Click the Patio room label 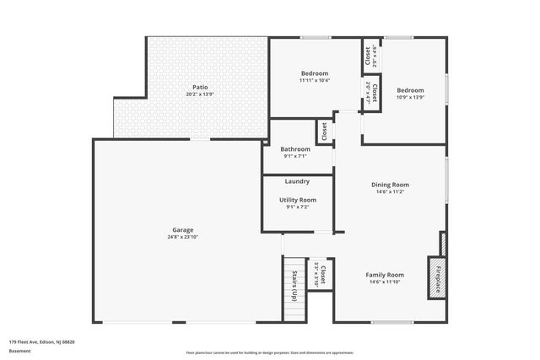pos(200,87)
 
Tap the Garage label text pos(183,229)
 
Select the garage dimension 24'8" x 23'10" pos(183,237)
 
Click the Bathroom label pos(295,148)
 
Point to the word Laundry pos(297,181)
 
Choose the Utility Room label pos(297,200)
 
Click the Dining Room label pos(390,185)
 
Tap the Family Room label pos(384,275)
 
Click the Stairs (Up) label pos(294,287)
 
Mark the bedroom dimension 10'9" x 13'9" pos(410,98)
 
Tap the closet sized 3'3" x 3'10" pos(320,275)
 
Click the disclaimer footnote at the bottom pos(270,352)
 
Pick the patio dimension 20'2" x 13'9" pos(200,94)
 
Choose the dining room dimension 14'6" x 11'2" pos(390,192)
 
